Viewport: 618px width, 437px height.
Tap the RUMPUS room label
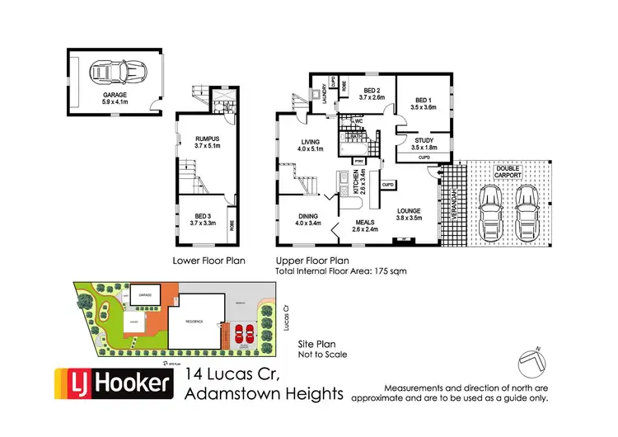click(x=204, y=141)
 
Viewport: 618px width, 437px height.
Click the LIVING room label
click(x=311, y=144)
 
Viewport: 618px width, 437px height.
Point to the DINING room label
click(x=310, y=218)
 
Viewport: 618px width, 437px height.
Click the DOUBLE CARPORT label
click(x=506, y=172)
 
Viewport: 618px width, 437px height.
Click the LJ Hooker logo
click(x=115, y=383)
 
